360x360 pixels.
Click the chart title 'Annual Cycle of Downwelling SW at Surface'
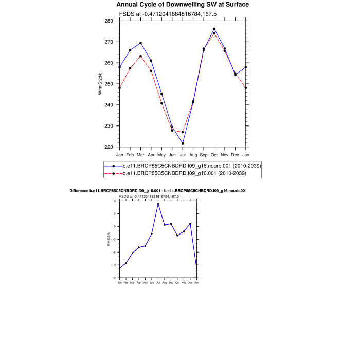click(182, 5)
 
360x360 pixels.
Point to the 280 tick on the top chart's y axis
click(109, 21)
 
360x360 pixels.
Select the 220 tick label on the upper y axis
click(109, 147)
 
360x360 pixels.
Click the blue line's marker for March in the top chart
click(140, 43)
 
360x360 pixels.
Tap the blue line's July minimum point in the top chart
click(183, 143)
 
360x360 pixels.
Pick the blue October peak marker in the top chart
click(214, 29)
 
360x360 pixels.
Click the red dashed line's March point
click(140, 56)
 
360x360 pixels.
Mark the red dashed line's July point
click(183, 132)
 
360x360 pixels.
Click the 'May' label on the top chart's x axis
click(161, 155)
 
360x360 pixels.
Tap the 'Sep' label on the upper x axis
click(204, 155)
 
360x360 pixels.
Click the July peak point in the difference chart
click(158, 204)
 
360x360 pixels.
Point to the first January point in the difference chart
click(119, 268)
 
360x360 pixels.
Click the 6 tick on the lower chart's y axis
click(116, 201)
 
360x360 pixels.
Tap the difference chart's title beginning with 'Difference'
click(158, 191)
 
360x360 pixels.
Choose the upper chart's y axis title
click(101, 84)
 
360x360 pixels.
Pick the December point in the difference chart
click(190, 224)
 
